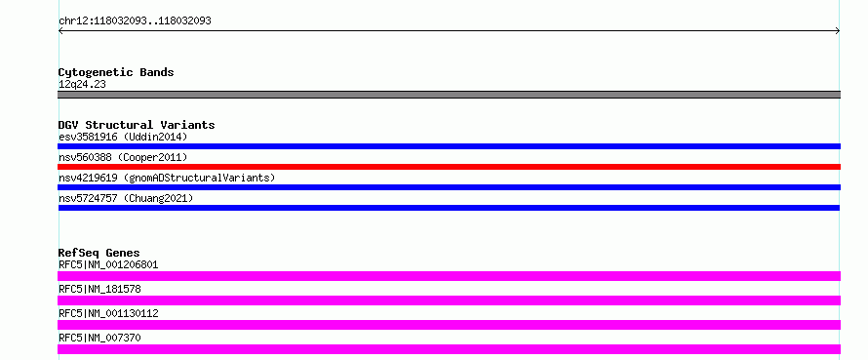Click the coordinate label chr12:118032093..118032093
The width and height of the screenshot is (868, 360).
point(135,21)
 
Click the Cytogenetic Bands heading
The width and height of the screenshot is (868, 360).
point(116,72)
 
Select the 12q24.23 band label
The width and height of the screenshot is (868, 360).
point(82,85)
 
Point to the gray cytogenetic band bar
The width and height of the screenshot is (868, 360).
point(449,95)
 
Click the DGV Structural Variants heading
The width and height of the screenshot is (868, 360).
point(137,125)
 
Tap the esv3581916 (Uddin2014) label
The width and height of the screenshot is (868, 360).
point(123,137)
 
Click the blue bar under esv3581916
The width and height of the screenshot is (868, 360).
point(449,146)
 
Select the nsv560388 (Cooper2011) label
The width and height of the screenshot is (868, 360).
point(123,157)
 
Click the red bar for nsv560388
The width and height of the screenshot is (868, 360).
point(449,167)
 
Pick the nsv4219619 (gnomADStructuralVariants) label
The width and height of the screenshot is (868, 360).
point(167,178)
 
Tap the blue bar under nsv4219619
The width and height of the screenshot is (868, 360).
point(449,187)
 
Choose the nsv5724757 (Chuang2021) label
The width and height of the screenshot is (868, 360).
point(126,198)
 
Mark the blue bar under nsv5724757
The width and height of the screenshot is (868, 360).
point(449,208)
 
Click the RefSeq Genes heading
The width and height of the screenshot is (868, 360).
point(99,253)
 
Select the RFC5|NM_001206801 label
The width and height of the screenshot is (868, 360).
point(108,264)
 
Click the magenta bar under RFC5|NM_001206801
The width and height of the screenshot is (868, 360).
point(449,276)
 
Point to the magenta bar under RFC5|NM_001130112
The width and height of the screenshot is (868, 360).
point(449,325)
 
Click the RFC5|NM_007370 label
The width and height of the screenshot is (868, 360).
point(99,338)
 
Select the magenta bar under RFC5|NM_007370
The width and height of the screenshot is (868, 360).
point(449,349)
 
